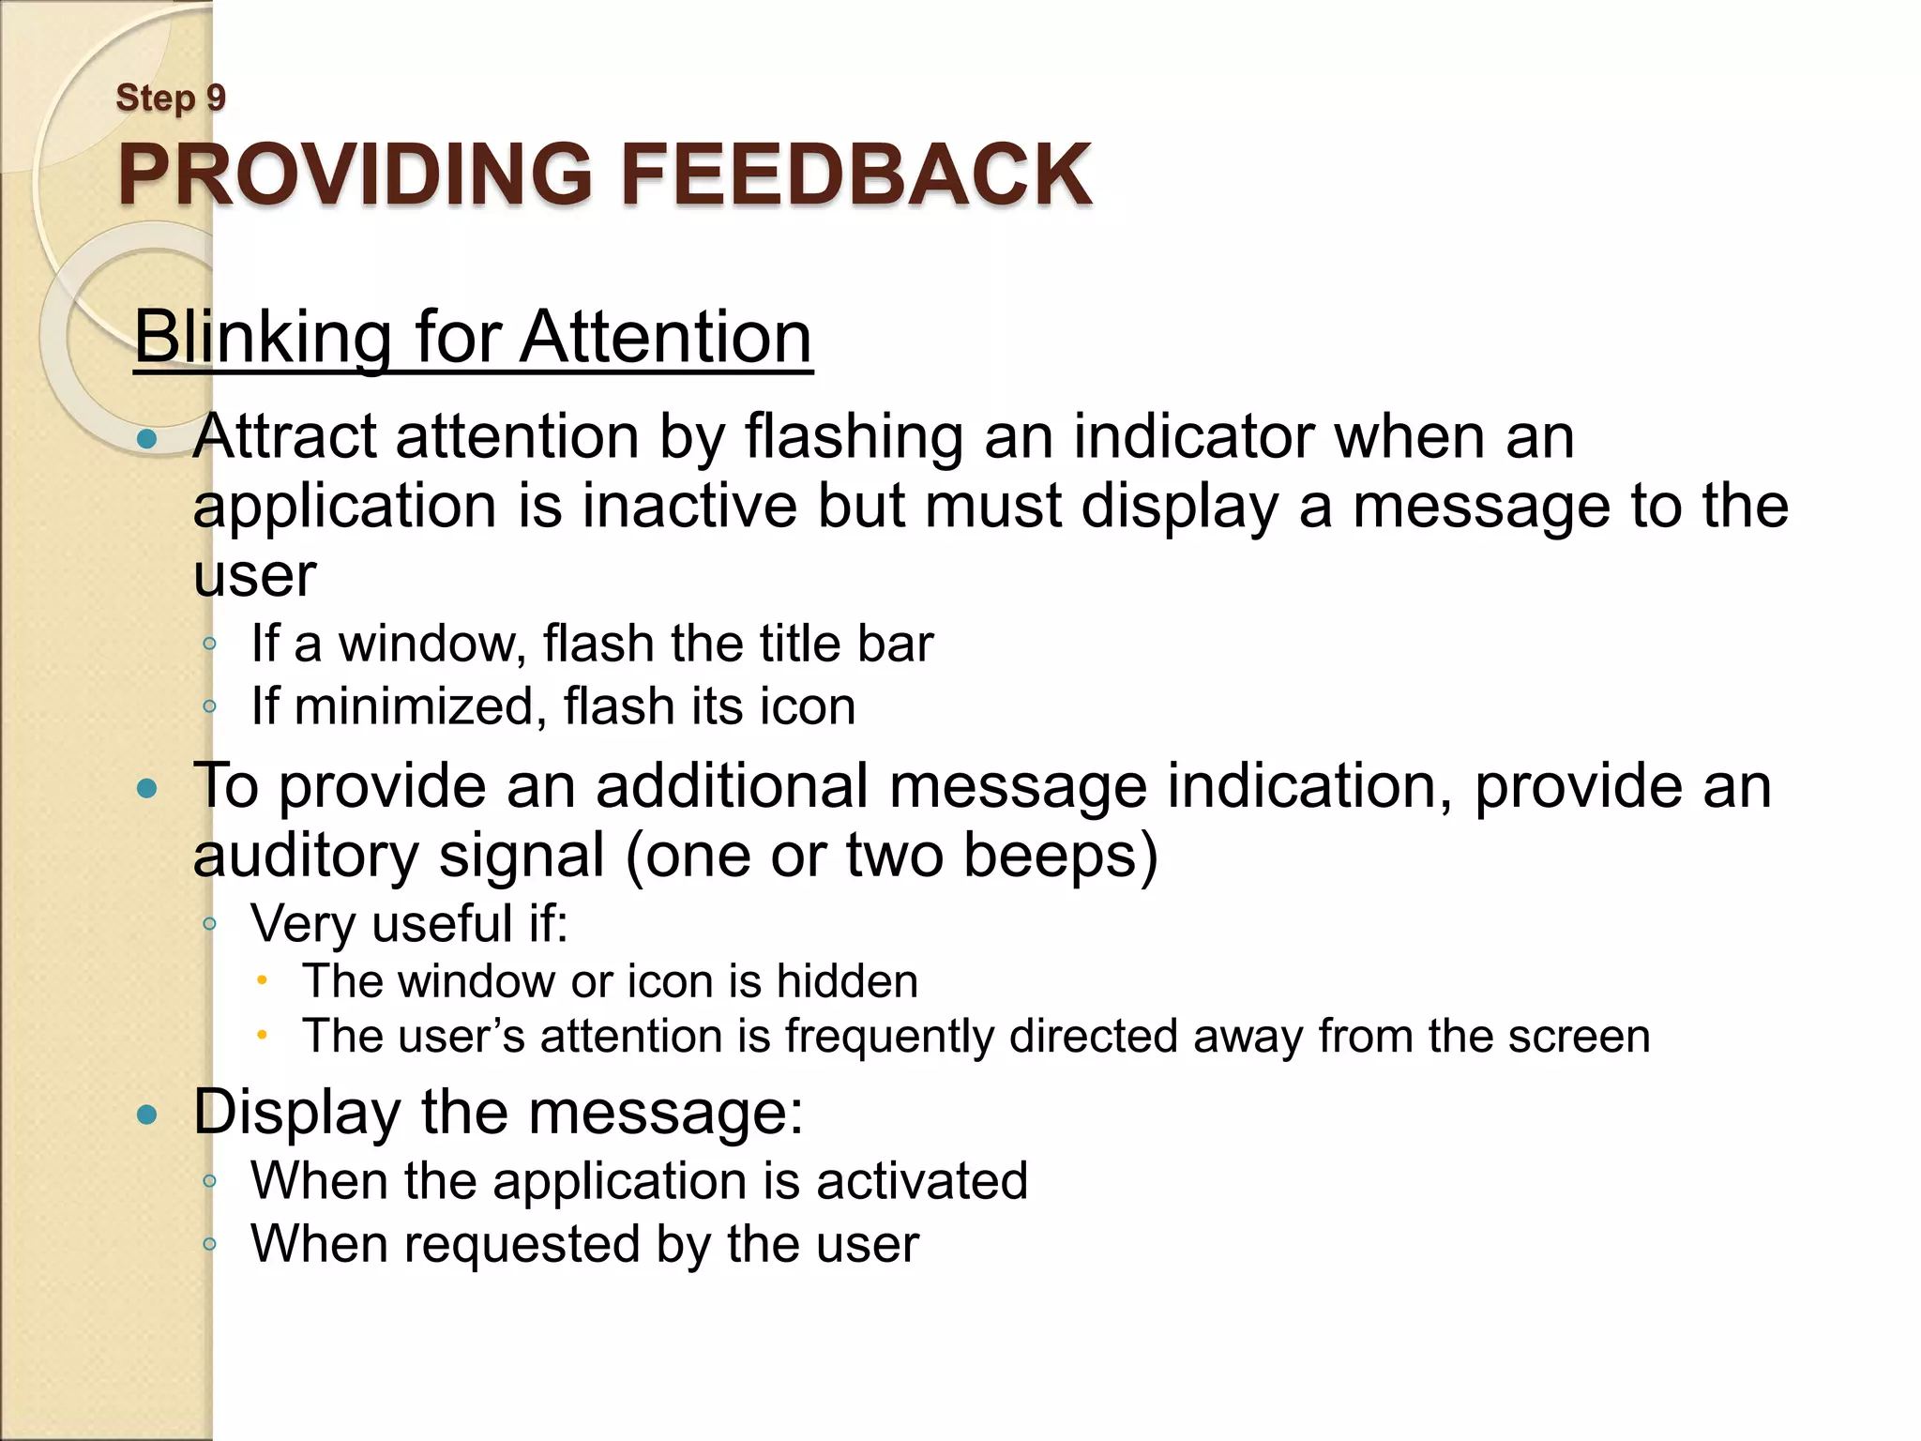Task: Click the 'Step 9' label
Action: [170, 98]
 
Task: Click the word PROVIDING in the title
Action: [355, 174]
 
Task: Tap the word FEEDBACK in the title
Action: [855, 174]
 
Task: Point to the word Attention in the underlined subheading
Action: [666, 337]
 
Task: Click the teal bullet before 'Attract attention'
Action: [146, 439]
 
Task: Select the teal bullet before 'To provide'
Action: [146, 788]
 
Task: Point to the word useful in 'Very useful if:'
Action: [441, 923]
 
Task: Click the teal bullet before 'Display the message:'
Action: [146, 1115]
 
